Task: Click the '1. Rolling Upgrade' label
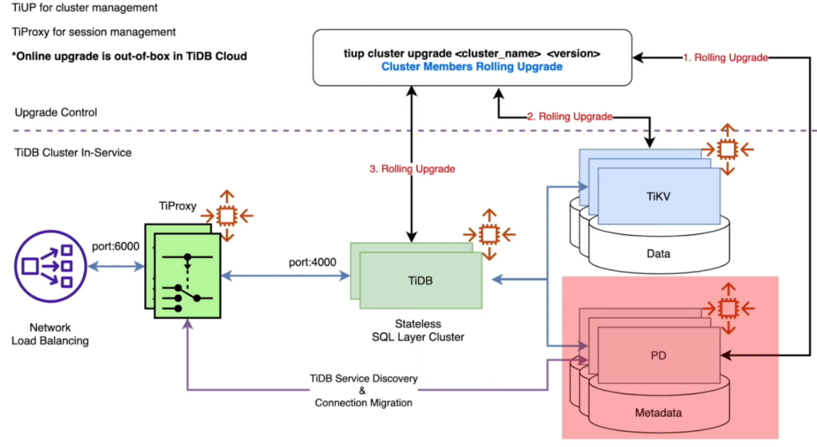click(x=725, y=57)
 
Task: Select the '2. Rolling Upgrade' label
click(x=569, y=116)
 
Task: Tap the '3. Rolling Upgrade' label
click(x=412, y=169)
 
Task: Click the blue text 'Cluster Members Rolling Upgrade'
click(x=472, y=67)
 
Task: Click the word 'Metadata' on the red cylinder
click(x=658, y=413)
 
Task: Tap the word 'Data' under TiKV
click(x=658, y=254)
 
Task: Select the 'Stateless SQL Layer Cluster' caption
click(x=418, y=331)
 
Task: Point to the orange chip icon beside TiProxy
click(x=227, y=215)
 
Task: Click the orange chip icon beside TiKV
click(x=726, y=149)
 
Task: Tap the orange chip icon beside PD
click(x=726, y=308)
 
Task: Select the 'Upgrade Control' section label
click(x=56, y=112)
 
